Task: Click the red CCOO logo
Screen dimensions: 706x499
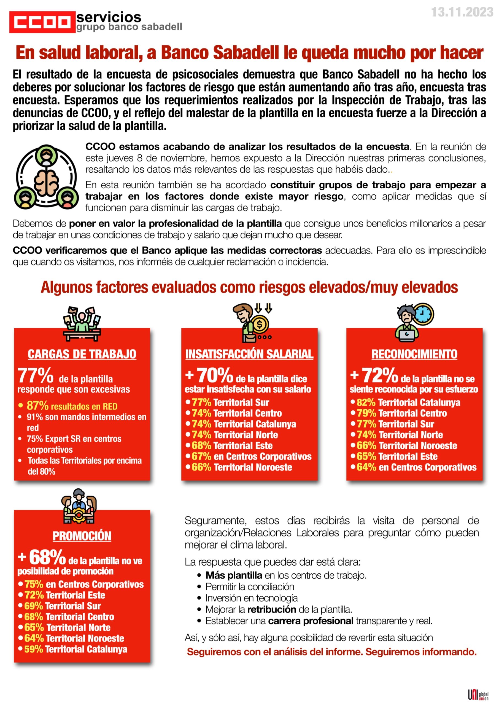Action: point(42,22)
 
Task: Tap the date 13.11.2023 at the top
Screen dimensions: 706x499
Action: point(462,12)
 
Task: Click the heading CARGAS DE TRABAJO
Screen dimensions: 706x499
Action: point(82,354)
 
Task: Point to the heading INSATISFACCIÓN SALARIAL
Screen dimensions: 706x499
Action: point(249,354)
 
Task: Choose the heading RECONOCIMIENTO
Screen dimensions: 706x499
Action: point(414,354)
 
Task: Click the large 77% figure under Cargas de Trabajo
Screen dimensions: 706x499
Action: point(36,376)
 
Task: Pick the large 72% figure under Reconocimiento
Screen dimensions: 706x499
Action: point(379,376)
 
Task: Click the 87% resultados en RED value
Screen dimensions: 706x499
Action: point(37,406)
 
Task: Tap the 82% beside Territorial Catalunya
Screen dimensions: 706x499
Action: point(366,403)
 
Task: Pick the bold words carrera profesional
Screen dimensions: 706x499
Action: point(310,621)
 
